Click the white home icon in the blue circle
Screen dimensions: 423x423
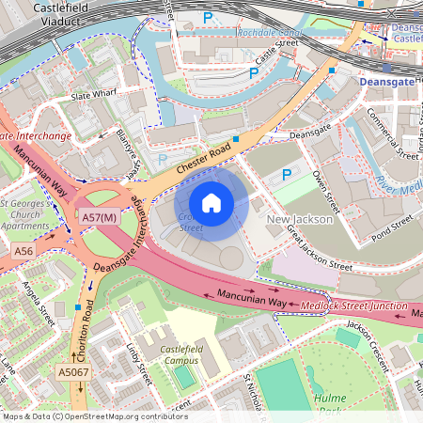tap(211, 202)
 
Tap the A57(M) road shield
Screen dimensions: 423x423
tap(99, 218)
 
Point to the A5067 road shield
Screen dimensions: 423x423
tap(73, 373)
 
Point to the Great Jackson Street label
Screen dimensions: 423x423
tap(314, 246)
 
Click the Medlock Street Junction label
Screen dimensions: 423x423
tap(354, 306)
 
